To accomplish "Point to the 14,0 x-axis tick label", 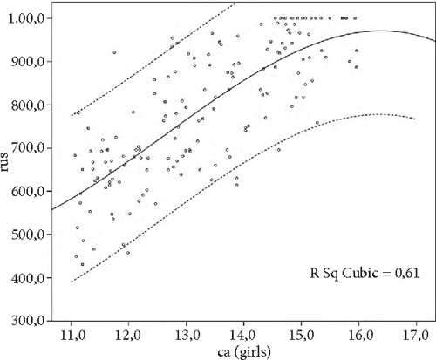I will pyautogui.click(x=243, y=334).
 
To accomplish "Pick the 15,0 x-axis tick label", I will pyautogui.click(x=301, y=334).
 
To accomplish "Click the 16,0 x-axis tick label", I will pyautogui.click(x=358, y=334).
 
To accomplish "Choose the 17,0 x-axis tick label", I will pyautogui.click(x=415, y=334).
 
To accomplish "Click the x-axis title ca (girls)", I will pyautogui.click(x=243, y=351).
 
